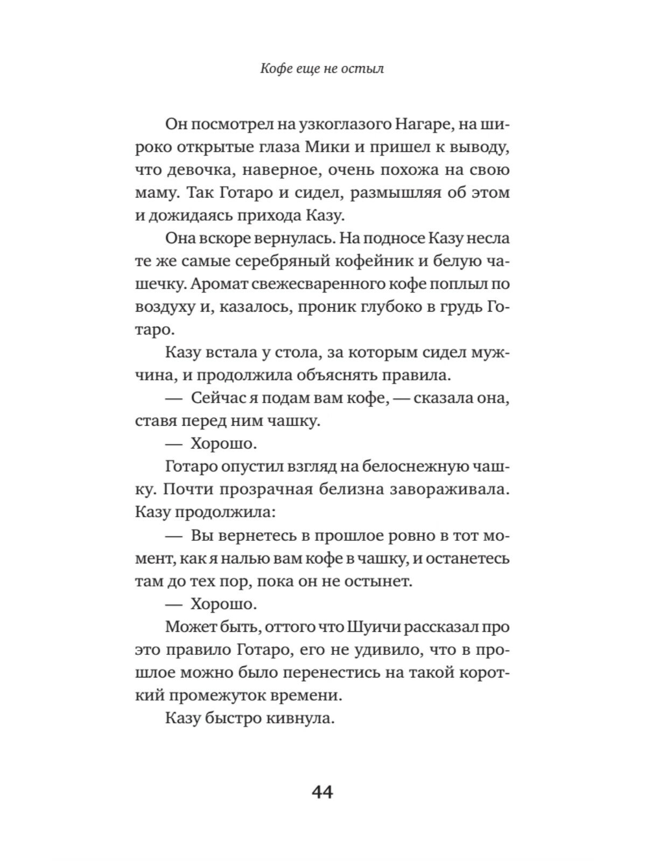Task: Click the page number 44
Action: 322,793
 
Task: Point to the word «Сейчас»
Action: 221,398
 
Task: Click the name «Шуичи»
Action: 377,626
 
